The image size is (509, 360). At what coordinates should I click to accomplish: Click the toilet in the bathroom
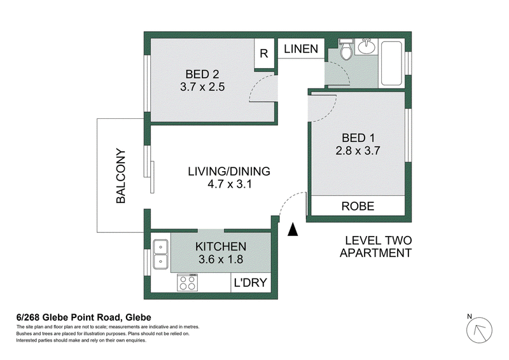tap(345, 50)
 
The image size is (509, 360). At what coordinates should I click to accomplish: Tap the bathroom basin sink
tap(367, 46)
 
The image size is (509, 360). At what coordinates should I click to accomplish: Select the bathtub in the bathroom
tap(391, 64)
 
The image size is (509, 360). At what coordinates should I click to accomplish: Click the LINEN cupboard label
tap(301, 49)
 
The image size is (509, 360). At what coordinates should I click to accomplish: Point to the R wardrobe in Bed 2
tap(264, 53)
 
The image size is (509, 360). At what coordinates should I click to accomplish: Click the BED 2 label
tap(202, 74)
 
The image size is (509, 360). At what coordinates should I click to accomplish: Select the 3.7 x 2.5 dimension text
tap(202, 87)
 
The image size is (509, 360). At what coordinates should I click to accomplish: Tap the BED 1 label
tap(358, 138)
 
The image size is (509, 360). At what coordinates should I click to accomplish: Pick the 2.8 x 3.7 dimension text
tap(358, 151)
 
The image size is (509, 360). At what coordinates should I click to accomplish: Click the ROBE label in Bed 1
tap(358, 206)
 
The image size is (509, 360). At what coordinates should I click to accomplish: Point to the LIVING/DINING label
tap(229, 171)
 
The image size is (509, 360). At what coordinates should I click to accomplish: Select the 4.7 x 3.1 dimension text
tap(230, 184)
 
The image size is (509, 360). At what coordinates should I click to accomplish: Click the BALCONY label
tap(121, 176)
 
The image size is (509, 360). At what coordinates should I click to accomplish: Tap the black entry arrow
tap(293, 229)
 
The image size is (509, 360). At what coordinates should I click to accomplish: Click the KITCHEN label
tap(221, 247)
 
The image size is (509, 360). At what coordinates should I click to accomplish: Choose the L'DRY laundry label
tap(250, 283)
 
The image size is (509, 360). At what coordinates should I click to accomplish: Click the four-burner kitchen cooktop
tap(187, 282)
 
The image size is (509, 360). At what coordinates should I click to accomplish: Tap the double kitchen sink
tap(160, 254)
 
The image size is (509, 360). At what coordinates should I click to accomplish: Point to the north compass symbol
tap(479, 330)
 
